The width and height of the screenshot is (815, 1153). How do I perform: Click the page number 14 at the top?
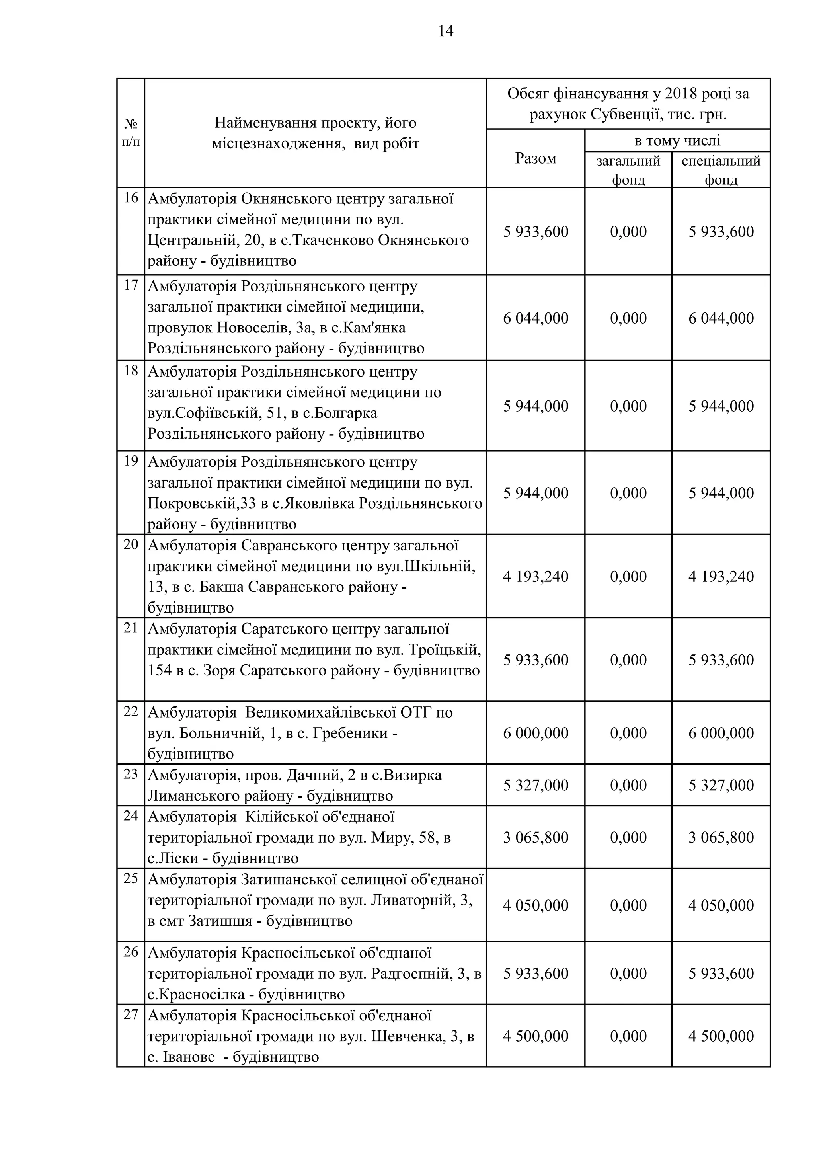coord(445,31)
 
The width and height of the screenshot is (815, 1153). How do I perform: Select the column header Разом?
coord(535,159)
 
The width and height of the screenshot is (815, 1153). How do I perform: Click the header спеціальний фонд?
coord(721,170)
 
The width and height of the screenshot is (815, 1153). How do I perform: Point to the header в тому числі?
coord(677,140)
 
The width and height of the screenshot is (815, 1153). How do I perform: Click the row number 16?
coord(131,198)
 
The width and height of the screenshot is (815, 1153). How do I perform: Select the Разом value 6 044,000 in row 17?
coord(535,318)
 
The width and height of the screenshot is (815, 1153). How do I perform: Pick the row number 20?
coord(131,544)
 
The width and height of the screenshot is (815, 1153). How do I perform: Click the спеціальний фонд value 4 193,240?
coord(721,576)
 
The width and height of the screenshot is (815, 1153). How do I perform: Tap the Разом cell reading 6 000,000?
coord(535,733)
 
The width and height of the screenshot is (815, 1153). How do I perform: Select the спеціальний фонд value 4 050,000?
coord(721,905)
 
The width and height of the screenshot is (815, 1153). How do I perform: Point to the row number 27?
coord(131,1015)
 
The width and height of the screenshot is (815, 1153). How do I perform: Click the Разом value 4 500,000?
coord(535,1036)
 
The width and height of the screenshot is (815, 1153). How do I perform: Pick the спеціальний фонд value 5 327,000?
coord(721,785)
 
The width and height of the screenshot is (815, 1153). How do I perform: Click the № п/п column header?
coord(131,133)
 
